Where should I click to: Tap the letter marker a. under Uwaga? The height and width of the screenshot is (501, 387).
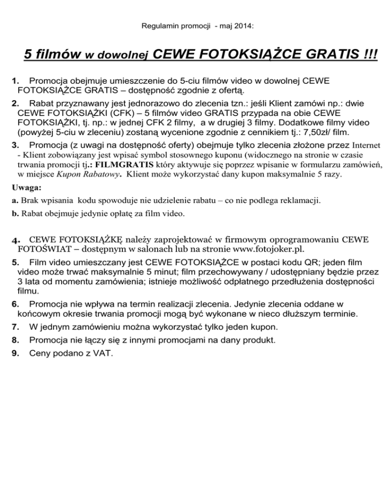click(15, 200)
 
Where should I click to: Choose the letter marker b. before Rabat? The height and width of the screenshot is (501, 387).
click(15, 213)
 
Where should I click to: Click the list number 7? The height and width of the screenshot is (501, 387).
click(16, 327)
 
